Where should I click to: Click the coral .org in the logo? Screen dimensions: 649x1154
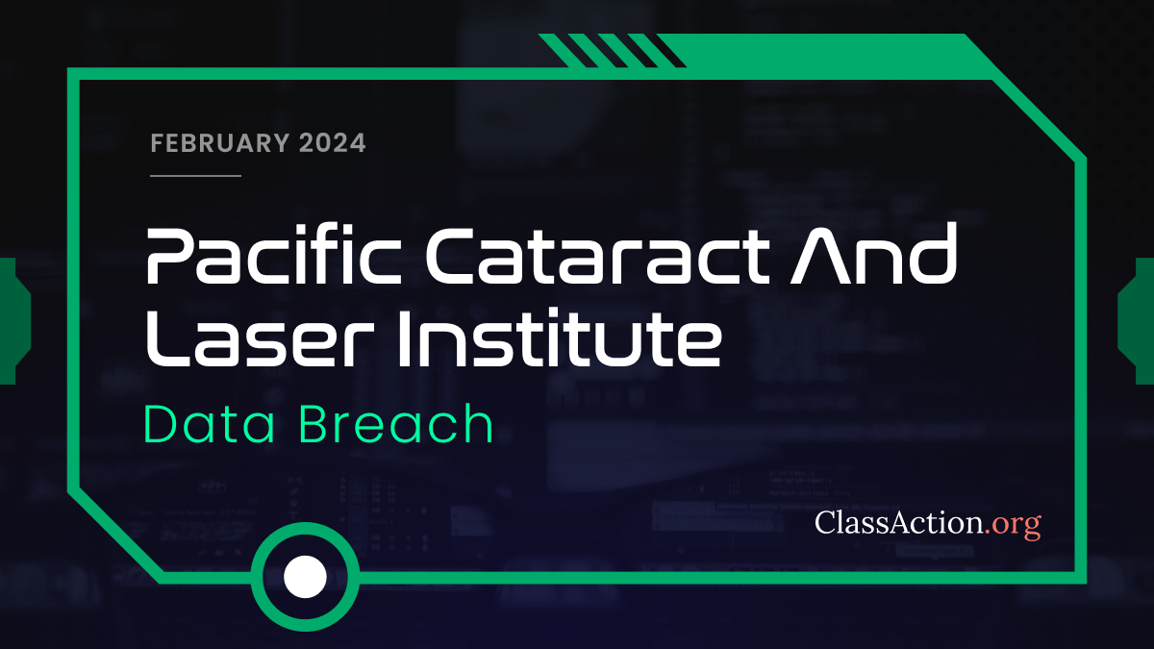pos(1014,524)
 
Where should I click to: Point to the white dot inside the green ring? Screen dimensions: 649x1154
pos(306,577)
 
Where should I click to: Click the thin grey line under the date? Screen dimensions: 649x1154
pos(196,176)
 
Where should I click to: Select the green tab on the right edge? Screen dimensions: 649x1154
pos(1139,320)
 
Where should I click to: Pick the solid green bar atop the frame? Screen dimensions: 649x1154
pos(817,53)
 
